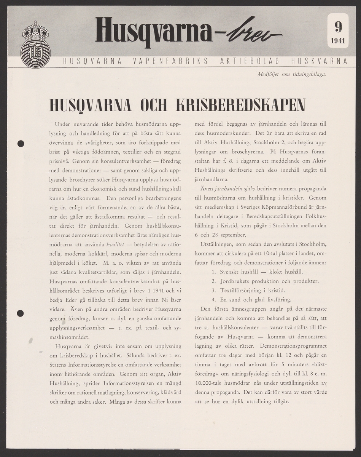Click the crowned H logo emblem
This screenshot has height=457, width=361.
coord(35,45)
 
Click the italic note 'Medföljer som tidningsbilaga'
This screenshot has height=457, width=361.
coord(292,75)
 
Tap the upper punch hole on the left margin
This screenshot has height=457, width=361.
coord(21,144)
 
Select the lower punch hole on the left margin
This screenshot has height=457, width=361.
coord(21,313)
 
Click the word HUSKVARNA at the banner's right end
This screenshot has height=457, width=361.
coord(319,61)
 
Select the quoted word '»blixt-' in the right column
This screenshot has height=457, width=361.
coord(316,365)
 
